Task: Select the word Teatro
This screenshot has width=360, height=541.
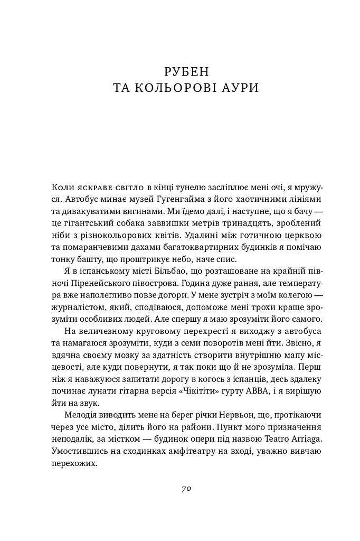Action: pyautogui.click(x=252, y=438)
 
